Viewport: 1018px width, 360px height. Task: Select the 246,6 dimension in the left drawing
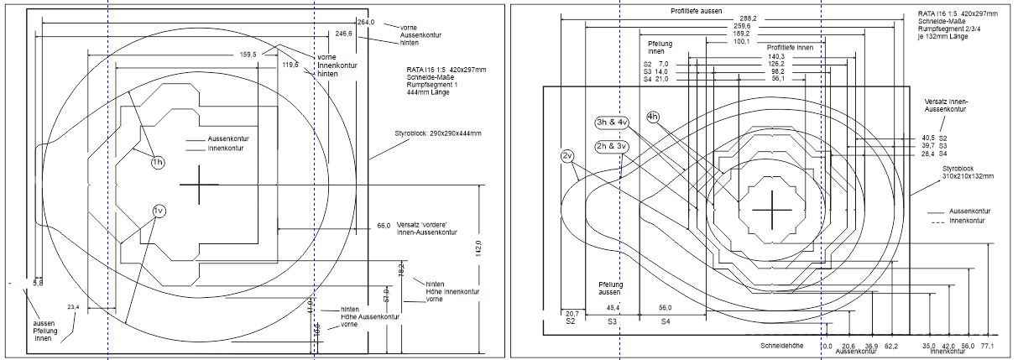click(x=344, y=34)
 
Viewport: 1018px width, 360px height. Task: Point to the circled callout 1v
click(x=159, y=210)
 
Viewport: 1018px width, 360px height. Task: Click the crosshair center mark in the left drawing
click(x=199, y=185)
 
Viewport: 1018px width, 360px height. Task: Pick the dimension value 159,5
click(x=248, y=55)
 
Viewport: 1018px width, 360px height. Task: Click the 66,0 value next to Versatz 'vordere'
click(x=384, y=226)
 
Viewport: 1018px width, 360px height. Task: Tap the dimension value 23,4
click(x=73, y=307)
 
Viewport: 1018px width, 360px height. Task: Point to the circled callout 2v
click(x=567, y=155)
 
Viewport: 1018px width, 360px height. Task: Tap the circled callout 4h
click(x=655, y=116)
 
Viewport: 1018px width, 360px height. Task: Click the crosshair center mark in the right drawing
click(x=770, y=211)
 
